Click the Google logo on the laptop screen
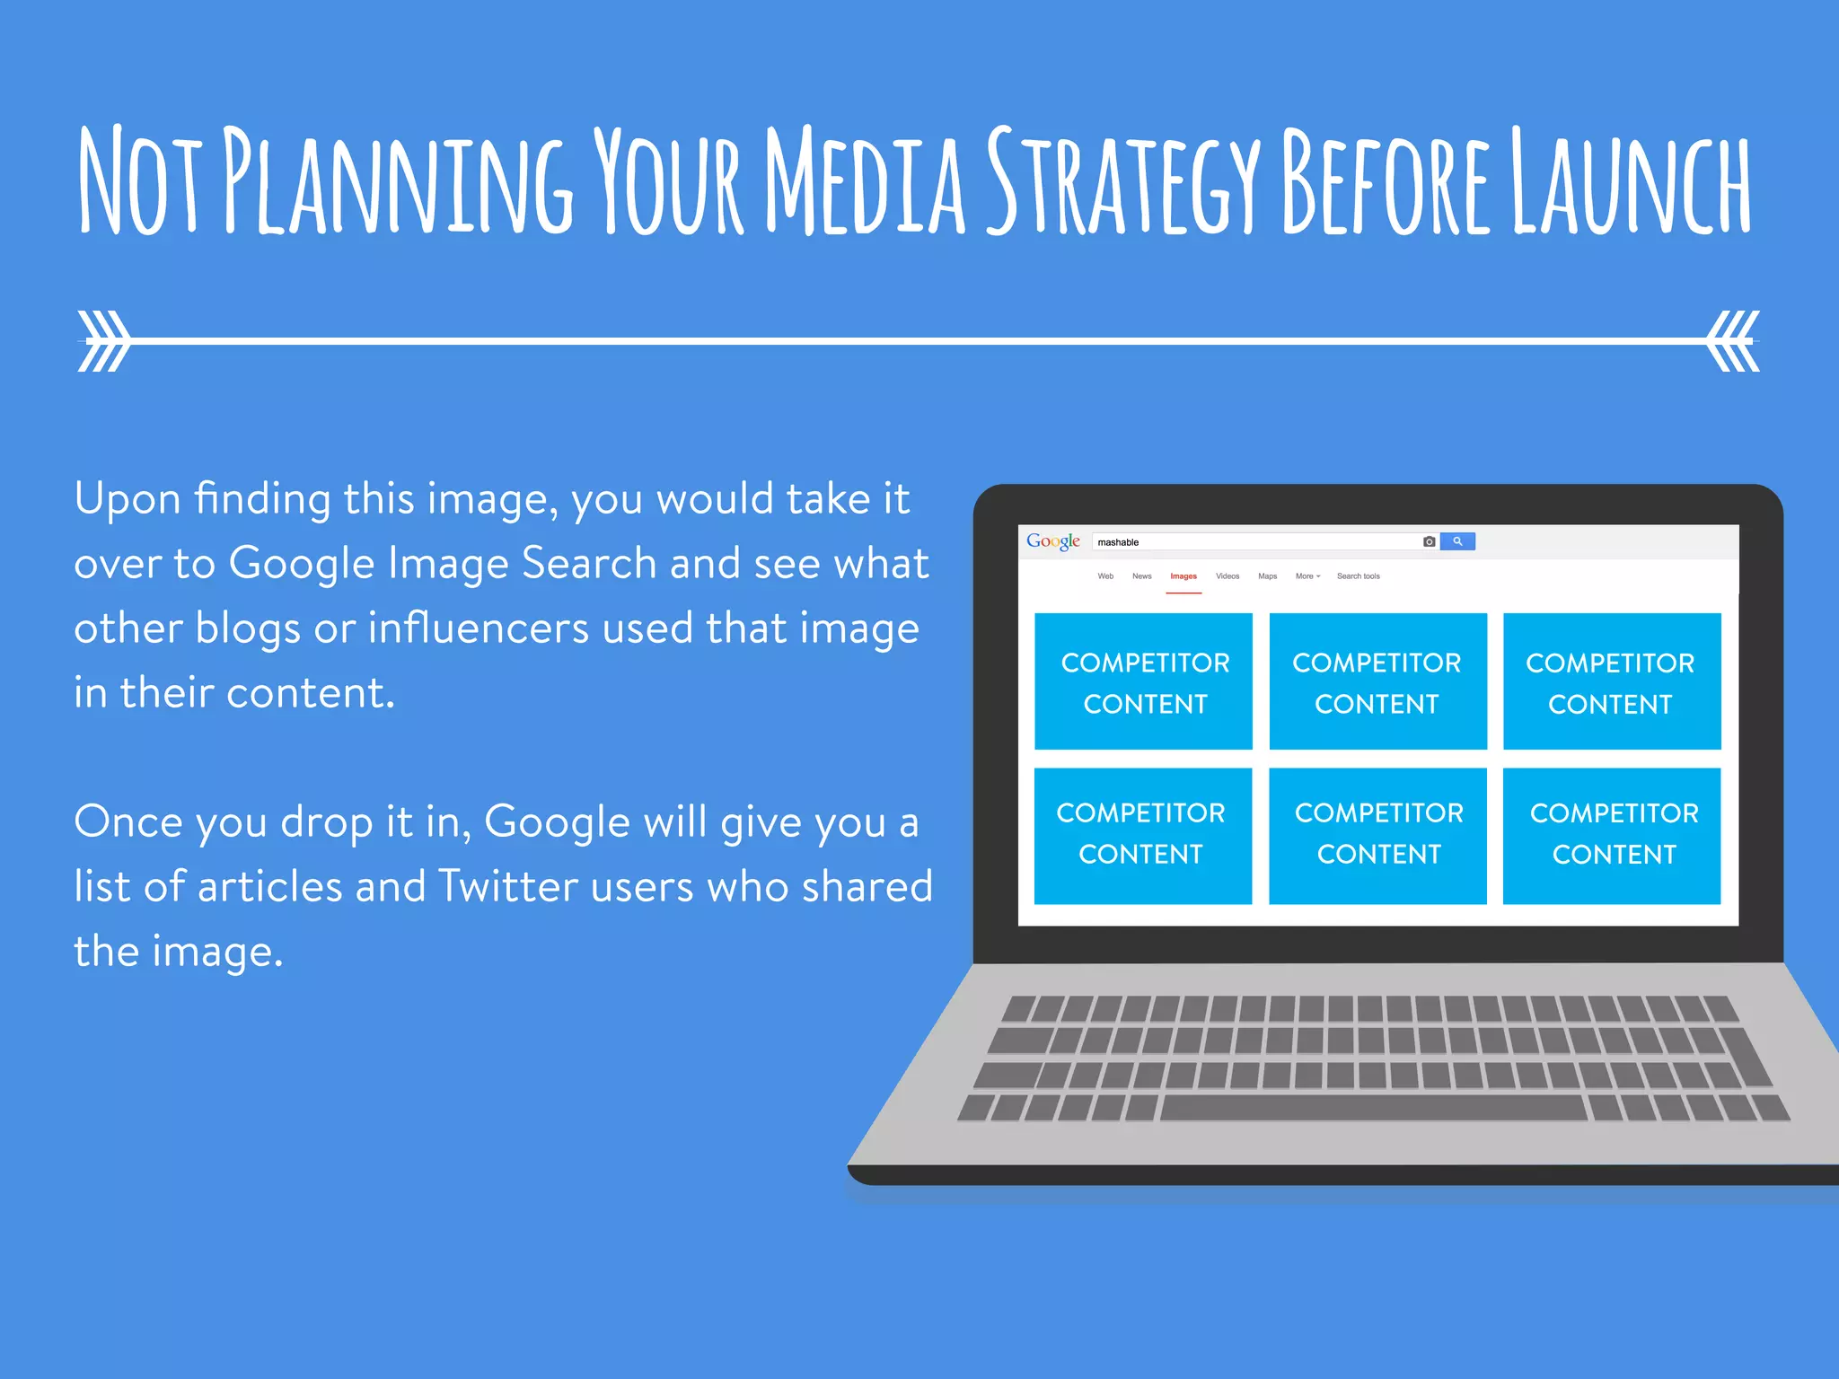[1052, 541]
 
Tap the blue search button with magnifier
[1456, 541]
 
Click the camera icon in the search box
[1429, 541]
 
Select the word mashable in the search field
[1118, 542]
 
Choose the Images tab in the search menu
[1183, 576]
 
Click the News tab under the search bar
[1141, 576]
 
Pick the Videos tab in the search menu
[1227, 576]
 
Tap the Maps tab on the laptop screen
[1267, 576]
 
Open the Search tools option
[1358, 576]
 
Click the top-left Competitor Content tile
[1143, 681]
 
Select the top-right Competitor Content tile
[1612, 681]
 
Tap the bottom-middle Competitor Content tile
[1377, 836]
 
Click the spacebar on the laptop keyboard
[1374, 1108]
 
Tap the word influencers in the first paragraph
[478, 628]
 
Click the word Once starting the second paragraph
[128, 821]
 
